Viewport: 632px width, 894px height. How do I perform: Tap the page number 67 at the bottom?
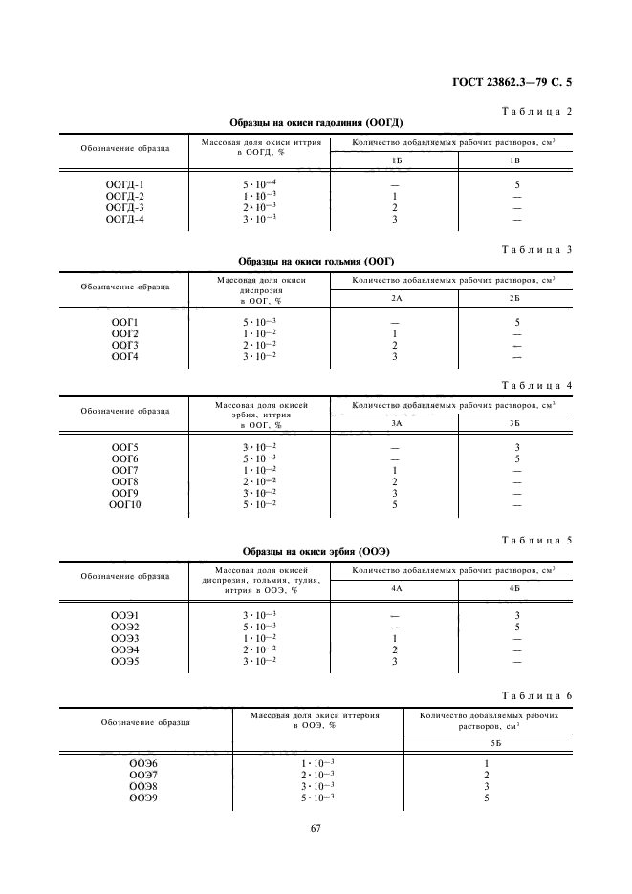click(x=316, y=827)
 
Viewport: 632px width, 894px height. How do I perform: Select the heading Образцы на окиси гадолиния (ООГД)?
click(x=316, y=123)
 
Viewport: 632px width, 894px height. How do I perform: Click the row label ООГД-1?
click(x=125, y=184)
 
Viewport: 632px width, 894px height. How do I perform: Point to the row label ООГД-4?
click(x=125, y=219)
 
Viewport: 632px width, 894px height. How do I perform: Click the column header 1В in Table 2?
click(x=515, y=160)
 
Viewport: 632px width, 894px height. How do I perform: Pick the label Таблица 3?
click(x=536, y=249)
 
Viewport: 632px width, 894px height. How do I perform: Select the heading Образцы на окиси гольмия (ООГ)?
click(x=316, y=261)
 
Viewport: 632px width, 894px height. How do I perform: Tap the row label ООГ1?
click(x=125, y=322)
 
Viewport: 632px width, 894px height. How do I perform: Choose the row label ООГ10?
click(x=125, y=504)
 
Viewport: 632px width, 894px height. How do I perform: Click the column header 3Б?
click(x=515, y=423)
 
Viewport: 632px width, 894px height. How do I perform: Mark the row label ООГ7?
click(x=125, y=470)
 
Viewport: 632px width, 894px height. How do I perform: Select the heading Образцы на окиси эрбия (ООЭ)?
click(x=316, y=552)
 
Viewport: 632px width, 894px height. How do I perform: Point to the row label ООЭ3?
click(x=125, y=637)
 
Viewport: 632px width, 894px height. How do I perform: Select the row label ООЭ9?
click(x=143, y=798)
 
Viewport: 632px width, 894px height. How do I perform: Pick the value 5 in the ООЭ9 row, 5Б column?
click(x=486, y=798)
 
